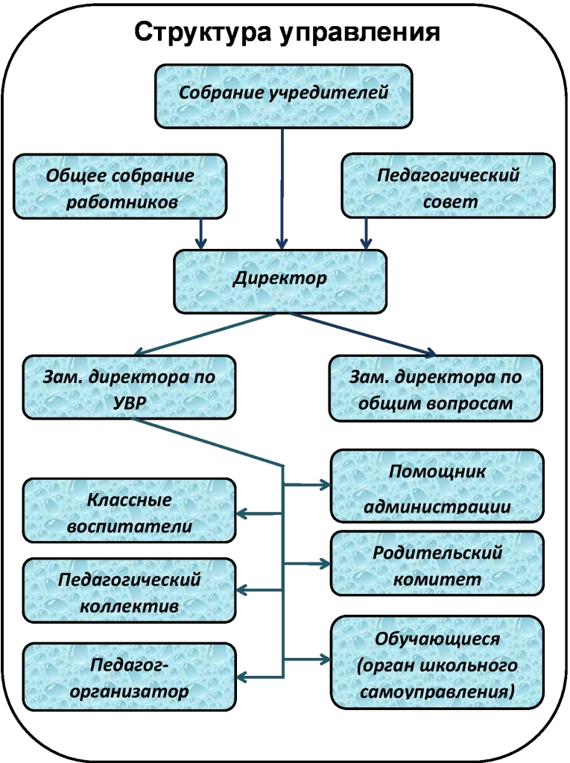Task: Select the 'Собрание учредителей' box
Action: (284, 95)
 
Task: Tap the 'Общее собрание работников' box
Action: (121, 187)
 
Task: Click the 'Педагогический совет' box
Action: (448, 187)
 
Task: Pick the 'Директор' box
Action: (280, 280)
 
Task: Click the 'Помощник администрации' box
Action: (437, 486)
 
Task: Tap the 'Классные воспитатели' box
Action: (130, 510)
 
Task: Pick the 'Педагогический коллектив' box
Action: (130, 591)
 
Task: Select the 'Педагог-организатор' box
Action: (130, 677)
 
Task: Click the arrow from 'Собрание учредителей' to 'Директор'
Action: (282, 186)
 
